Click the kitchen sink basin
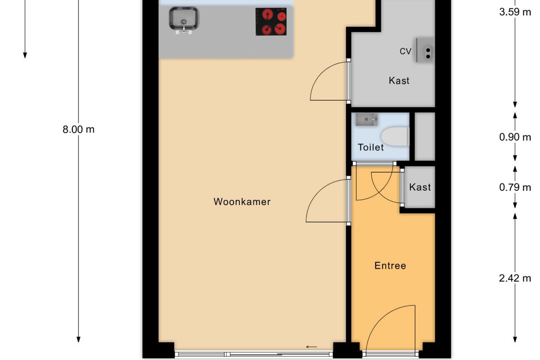point(184,18)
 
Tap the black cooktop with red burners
point(271,22)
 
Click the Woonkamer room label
point(242,202)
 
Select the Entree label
point(390,265)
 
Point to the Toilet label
point(371,147)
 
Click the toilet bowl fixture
point(396,136)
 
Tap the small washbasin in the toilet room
point(367,119)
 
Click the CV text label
point(405,51)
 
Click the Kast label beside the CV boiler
point(399,81)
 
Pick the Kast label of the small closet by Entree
point(420,187)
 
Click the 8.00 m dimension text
point(79,130)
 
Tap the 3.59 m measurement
point(515,12)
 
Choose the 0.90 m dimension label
point(515,137)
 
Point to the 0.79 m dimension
point(515,187)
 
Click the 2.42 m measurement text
point(515,278)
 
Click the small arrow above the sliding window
point(311,347)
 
